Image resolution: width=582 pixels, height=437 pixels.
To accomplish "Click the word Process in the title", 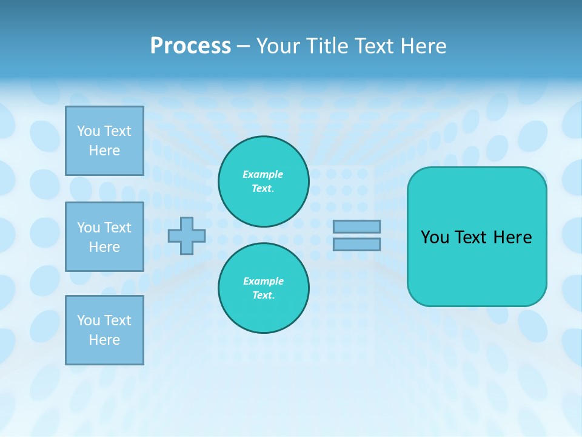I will (x=190, y=46).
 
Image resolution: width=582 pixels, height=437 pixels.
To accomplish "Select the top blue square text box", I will (x=104, y=141).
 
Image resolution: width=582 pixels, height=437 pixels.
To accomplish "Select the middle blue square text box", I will (x=104, y=237).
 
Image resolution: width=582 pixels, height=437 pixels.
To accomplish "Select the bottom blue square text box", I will (x=104, y=330).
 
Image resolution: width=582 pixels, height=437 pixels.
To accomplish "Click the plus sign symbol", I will (x=187, y=235).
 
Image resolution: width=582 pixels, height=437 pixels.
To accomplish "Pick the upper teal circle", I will (x=264, y=181).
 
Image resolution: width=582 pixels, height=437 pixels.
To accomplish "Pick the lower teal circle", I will (x=264, y=288).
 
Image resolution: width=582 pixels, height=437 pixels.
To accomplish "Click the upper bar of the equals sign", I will (x=356, y=226).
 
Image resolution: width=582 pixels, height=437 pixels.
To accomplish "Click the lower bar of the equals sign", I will (x=356, y=244).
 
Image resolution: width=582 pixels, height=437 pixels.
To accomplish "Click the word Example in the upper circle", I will (x=263, y=174).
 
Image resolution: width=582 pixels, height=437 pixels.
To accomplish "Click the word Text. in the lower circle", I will (x=263, y=295).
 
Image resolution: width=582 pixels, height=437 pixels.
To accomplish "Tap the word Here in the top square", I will (x=104, y=151).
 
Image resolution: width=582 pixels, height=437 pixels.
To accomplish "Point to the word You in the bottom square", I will (x=89, y=320).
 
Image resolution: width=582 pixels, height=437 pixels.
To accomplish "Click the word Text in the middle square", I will (x=118, y=228).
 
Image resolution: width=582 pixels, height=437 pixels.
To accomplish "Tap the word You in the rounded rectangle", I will (x=435, y=237).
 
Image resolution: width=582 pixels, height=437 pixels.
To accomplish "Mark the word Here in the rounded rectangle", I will (x=512, y=237).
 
